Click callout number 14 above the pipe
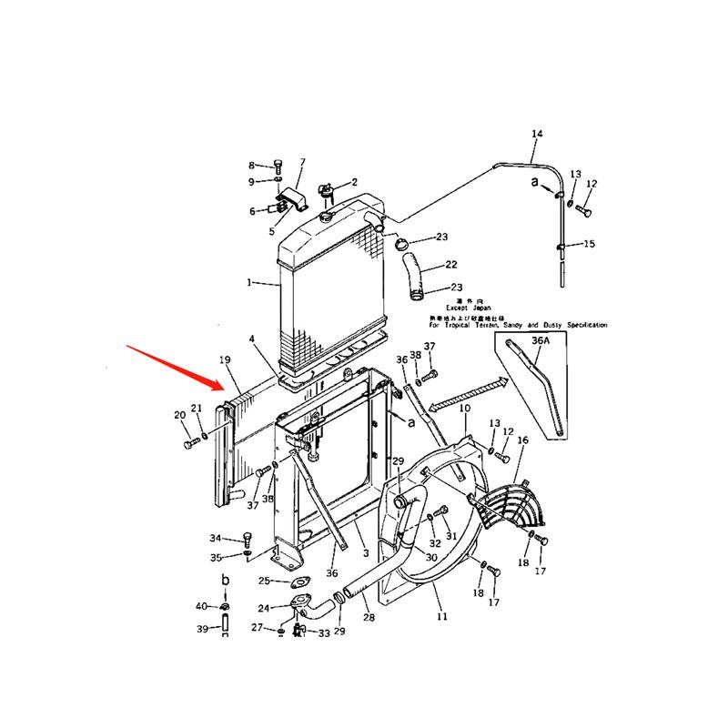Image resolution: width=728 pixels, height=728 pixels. pos(537,135)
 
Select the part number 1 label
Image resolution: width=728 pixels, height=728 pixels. pos(248,283)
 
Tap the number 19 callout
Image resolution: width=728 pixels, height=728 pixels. pos(225,360)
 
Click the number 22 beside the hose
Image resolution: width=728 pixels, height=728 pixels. pos(450,266)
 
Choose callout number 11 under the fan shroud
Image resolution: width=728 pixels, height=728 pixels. pos(442,616)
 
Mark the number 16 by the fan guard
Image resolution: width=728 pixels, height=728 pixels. pos(522,440)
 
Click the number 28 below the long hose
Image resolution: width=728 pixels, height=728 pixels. pos(369,618)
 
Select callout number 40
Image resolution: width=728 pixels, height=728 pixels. pos(201,606)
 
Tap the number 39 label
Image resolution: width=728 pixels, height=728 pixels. pos(202,629)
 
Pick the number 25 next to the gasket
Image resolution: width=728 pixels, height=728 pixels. pos(264,581)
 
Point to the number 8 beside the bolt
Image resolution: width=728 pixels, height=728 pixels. pos(253,166)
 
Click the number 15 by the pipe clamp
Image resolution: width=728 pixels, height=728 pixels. pos(589,244)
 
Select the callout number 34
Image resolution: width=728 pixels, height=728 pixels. pos(215,538)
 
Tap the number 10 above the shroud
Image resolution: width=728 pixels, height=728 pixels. pos(464,409)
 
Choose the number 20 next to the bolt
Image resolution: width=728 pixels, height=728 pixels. pos(179,415)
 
